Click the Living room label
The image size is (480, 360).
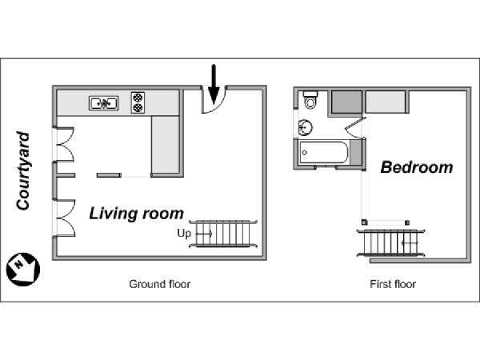click(x=136, y=214)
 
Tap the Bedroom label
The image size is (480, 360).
click(x=417, y=167)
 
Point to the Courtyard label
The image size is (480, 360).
click(x=23, y=171)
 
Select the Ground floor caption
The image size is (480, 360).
click(x=159, y=284)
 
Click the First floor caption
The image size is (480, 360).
click(x=393, y=284)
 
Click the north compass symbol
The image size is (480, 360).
click(x=23, y=270)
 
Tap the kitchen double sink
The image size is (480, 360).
click(x=104, y=103)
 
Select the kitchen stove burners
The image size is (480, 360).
click(x=138, y=102)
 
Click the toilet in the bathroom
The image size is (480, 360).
click(x=310, y=100)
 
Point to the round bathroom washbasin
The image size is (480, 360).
click(x=306, y=126)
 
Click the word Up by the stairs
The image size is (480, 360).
click(x=184, y=234)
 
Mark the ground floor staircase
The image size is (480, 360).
click(x=223, y=234)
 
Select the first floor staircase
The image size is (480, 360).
click(x=390, y=243)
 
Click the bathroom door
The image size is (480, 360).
click(x=355, y=126)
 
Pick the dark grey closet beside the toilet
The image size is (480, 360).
click(x=346, y=102)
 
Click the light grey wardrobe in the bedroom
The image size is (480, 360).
click(x=386, y=102)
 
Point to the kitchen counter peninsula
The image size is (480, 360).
click(x=166, y=144)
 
